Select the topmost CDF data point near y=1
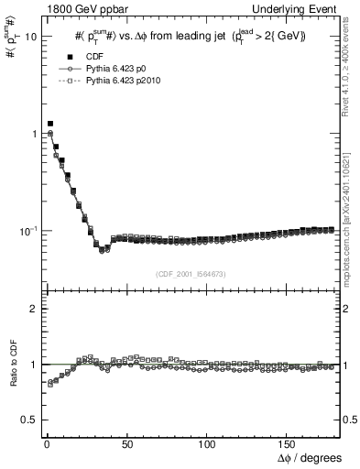tap(50, 123)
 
